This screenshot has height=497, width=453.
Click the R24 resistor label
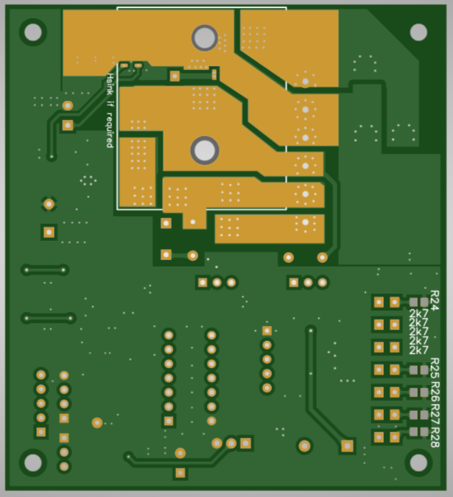pyautogui.click(x=435, y=300)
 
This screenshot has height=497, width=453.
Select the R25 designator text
pyautogui.click(x=435, y=368)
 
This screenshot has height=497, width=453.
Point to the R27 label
pyautogui.click(x=435, y=415)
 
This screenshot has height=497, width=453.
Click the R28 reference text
pyautogui.click(x=435, y=437)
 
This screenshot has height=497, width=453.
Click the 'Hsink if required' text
pyautogui.click(x=110, y=110)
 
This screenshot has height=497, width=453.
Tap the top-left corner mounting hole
pyautogui.click(x=33, y=32)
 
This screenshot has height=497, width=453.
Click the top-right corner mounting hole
pyautogui.click(x=418, y=32)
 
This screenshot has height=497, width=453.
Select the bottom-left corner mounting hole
pyautogui.click(x=33, y=463)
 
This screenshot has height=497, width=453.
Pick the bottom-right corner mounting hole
pyautogui.click(x=418, y=463)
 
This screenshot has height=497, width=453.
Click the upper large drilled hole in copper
pyautogui.click(x=205, y=38)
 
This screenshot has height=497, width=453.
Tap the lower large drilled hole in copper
pyautogui.click(x=205, y=150)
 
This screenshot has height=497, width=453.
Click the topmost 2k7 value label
pyautogui.click(x=419, y=314)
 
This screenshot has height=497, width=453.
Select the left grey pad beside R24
pyautogui.click(x=413, y=302)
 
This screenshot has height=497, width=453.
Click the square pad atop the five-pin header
pyautogui.click(x=267, y=331)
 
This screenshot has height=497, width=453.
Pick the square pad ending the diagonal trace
pyautogui.click(x=347, y=446)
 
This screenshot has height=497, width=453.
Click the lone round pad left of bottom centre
pyautogui.click(x=97, y=423)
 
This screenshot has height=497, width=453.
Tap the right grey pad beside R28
pyautogui.click(x=424, y=431)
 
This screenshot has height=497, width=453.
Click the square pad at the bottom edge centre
pyautogui.click(x=180, y=473)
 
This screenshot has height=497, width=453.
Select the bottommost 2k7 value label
pyautogui.click(x=419, y=350)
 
